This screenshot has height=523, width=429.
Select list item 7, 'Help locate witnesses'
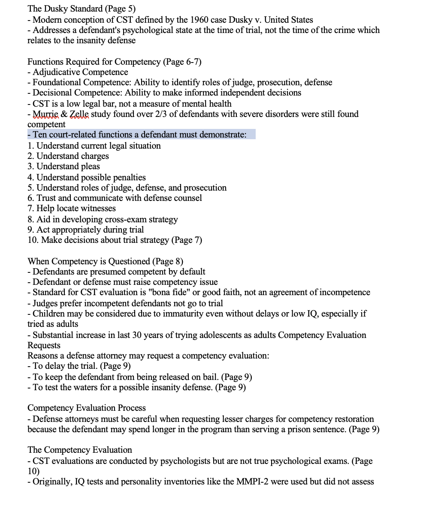pos(72,208)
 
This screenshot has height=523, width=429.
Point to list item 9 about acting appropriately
pos(85,230)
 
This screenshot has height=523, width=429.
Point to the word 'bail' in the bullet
pos(208,377)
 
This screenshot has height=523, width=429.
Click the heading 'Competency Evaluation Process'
pos(87,408)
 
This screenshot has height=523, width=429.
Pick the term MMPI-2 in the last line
pos(254,481)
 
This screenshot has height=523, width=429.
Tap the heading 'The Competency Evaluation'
pos(80,450)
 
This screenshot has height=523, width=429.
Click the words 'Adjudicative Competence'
pos(80,72)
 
